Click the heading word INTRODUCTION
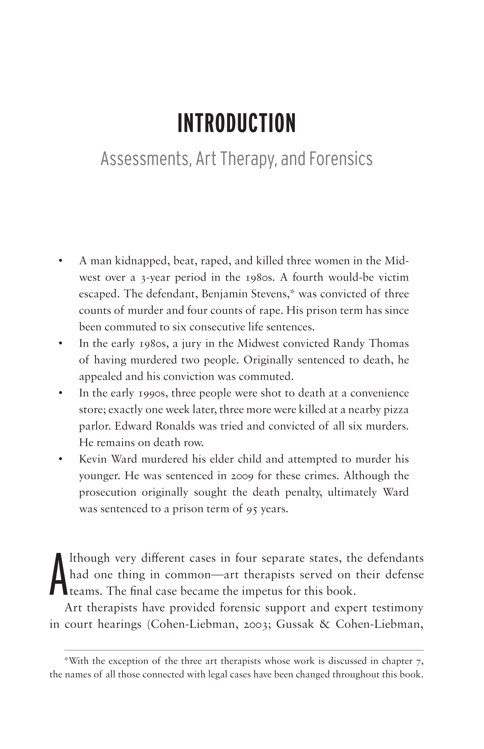click(236, 123)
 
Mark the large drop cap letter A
click(59, 575)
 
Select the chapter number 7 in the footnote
click(419, 661)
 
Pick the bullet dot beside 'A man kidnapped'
click(61, 261)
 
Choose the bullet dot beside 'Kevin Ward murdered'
click(61, 459)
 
